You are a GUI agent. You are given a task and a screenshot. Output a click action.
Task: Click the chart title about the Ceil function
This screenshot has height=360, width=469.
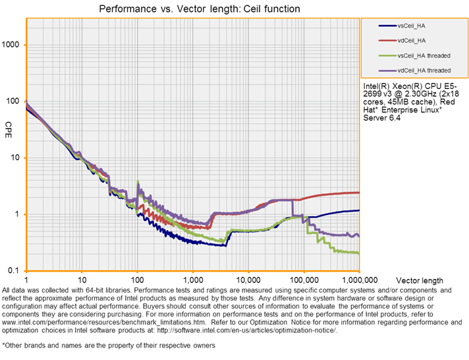(199, 9)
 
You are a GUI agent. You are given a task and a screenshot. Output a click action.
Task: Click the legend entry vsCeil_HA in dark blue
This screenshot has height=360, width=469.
(414, 26)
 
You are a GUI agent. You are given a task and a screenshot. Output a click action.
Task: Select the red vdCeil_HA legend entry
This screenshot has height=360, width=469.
(414, 40)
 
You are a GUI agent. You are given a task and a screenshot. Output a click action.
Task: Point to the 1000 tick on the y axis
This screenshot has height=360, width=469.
(13, 45)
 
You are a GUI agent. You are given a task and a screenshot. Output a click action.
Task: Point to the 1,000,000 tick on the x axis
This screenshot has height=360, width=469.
(358, 280)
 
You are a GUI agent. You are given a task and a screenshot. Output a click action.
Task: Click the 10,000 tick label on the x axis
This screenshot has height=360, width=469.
(248, 280)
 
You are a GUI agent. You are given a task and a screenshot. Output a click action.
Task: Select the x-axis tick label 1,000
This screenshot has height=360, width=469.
(192, 280)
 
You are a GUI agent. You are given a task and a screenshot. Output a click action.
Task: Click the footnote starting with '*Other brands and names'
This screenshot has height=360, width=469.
(108, 345)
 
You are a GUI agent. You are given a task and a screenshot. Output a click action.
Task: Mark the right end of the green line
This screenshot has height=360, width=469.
(359, 253)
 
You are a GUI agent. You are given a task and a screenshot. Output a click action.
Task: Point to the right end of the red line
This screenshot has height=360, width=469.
(359, 193)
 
